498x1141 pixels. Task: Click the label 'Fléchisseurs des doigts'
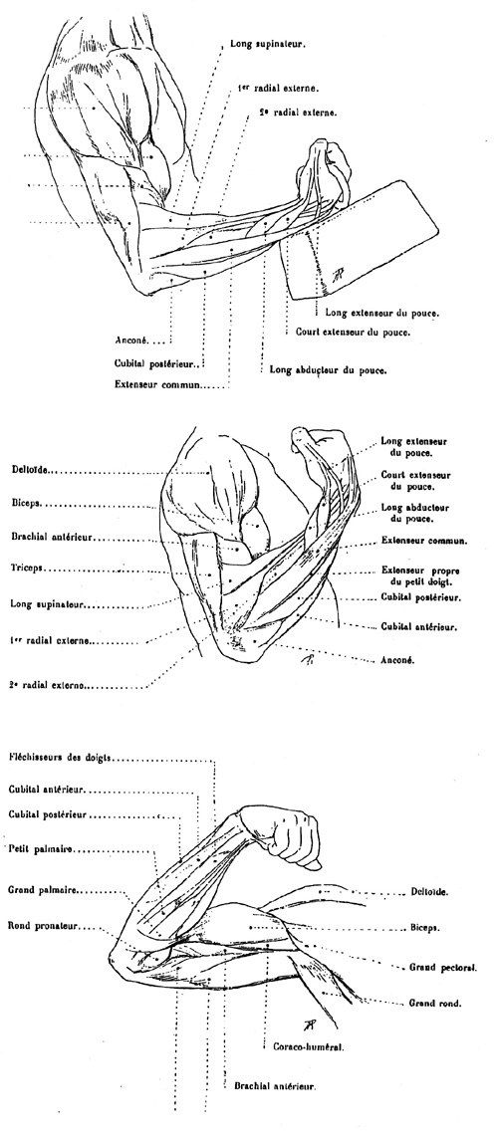pyautogui.click(x=60, y=757)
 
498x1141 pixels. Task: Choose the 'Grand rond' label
pyautogui.click(x=434, y=1003)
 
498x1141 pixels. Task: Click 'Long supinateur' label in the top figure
pyautogui.click(x=267, y=44)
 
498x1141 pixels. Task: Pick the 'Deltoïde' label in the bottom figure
pyautogui.click(x=429, y=891)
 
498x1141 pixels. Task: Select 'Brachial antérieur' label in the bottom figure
pyautogui.click(x=275, y=1085)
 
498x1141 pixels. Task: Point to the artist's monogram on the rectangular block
pyautogui.click(x=337, y=274)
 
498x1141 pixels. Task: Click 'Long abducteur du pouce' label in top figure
pyautogui.click(x=329, y=369)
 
